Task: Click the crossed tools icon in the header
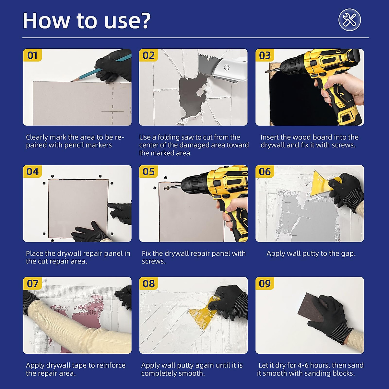[350, 20]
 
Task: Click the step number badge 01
[32, 55]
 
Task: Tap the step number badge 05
[148, 171]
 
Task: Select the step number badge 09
[265, 283]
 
